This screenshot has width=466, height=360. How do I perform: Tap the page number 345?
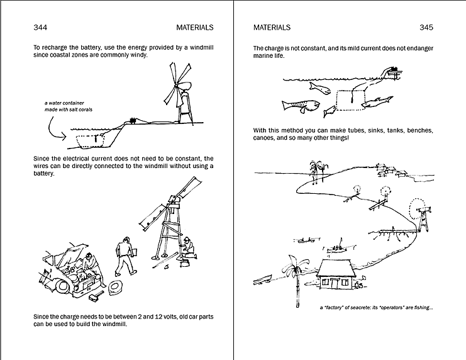click(x=426, y=27)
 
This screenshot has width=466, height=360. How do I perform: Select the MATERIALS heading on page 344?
click(x=196, y=27)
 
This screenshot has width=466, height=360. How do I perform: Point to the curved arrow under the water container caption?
click(x=53, y=130)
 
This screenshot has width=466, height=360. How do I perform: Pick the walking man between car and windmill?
click(x=126, y=255)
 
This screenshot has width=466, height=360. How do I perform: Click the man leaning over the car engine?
click(x=90, y=263)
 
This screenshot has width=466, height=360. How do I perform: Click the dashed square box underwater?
click(x=348, y=101)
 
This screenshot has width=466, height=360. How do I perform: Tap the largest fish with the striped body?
click(x=296, y=105)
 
